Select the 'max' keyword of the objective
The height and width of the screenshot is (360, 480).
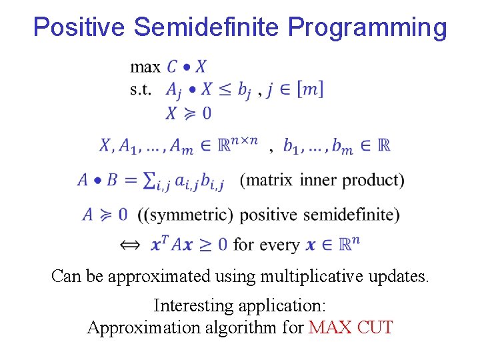tap(145, 67)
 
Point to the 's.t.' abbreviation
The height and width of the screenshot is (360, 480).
tap(141, 89)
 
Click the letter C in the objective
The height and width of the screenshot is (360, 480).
tap(173, 66)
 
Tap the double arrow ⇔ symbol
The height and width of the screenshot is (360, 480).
tap(131, 245)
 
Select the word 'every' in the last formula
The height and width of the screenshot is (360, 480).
tap(277, 245)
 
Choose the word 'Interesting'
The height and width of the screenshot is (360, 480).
tap(195, 305)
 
